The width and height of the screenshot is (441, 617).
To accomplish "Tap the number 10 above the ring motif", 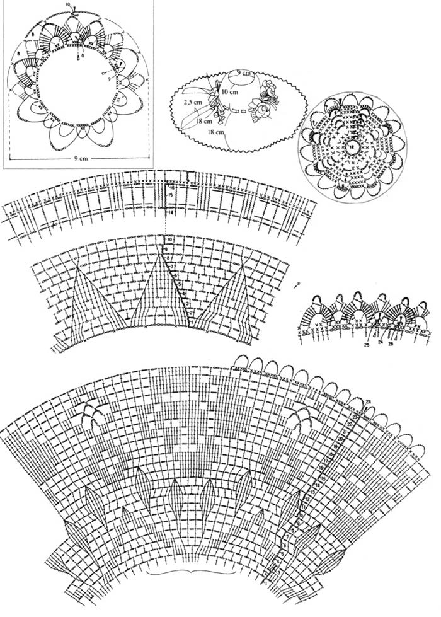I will pos(68,4).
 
